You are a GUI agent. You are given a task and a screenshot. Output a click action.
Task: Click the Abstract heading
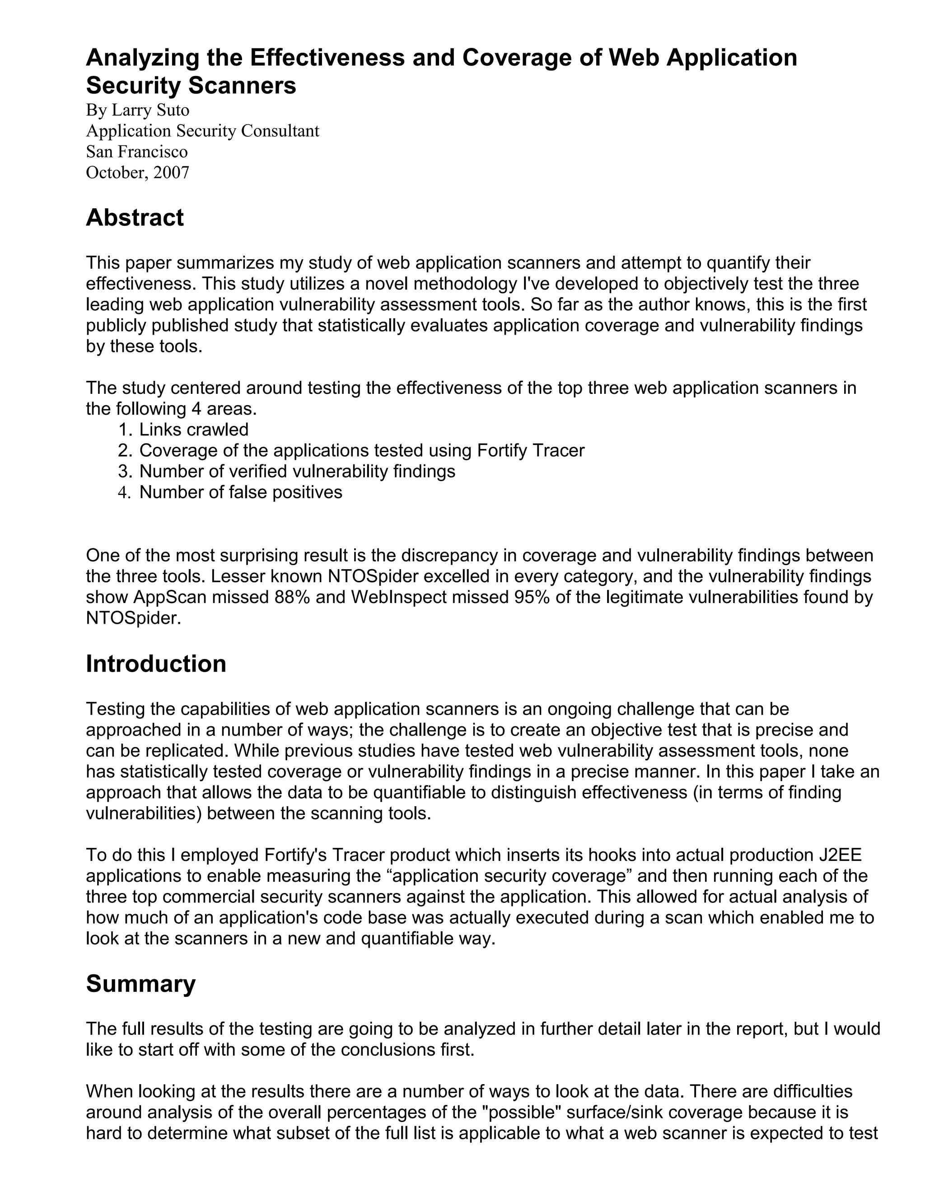click(x=134, y=218)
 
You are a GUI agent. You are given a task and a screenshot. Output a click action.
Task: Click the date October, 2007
click(x=138, y=173)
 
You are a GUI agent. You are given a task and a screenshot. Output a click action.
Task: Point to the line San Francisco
click(x=136, y=152)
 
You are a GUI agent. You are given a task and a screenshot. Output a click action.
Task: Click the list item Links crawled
click(x=193, y=429)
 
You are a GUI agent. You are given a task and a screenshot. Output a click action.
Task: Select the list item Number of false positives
click(x=241, y=492)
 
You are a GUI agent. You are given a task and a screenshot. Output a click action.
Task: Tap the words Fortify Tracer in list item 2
click(x=530, y=450)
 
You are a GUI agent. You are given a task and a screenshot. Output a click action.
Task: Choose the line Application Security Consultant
click(x=202, y=131)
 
